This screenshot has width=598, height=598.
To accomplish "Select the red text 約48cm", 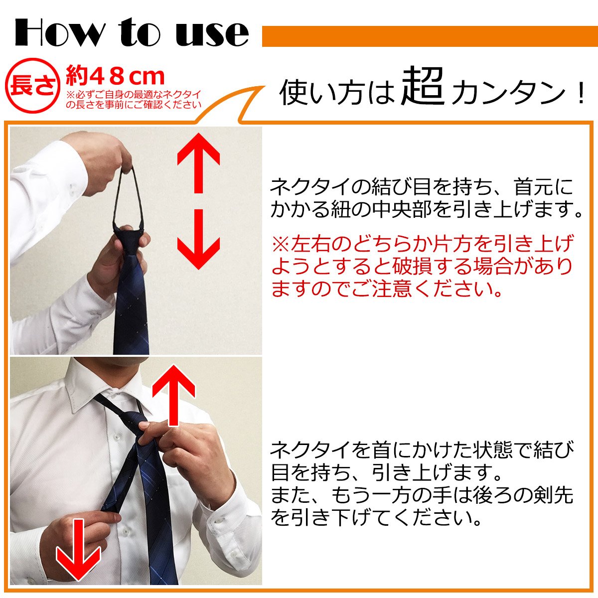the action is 115,76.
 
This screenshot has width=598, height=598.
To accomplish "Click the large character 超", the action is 423,87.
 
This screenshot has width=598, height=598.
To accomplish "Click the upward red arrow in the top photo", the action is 199,163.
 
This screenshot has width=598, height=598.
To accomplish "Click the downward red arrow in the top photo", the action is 199,239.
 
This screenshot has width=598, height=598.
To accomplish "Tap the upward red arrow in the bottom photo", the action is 173,395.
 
